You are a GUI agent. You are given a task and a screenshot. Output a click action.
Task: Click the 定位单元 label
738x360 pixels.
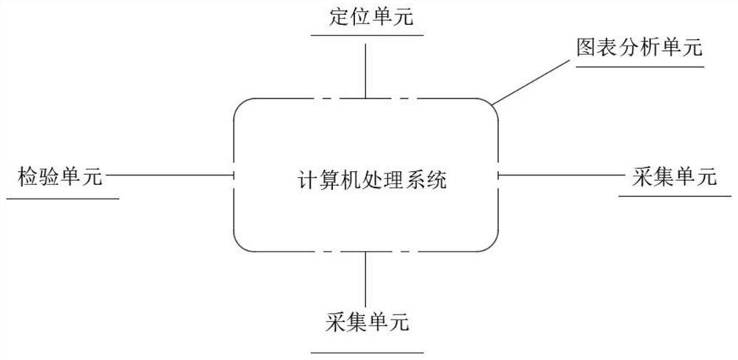tap(366, 17)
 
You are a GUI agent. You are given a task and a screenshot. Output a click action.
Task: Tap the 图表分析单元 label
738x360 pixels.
tap(639, 48)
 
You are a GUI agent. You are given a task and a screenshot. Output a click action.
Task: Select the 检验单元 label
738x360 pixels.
tap(59, 177)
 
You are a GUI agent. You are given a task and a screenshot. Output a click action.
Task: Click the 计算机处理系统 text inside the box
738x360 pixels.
tap(367, 179)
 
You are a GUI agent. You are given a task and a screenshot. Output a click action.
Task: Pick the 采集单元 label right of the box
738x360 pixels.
tap(675, 176)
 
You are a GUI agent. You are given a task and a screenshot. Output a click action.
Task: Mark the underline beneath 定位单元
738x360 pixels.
tap(366, 34)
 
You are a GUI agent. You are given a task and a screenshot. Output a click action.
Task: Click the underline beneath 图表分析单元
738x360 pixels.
tap(640, 66)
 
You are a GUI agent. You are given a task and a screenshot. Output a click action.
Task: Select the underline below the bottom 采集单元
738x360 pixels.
tap(367, 353)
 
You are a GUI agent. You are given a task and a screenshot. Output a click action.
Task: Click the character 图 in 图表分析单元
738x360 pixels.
tap(586, 48)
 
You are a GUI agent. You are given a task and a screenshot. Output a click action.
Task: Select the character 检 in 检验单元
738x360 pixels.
tap(27, 177)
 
